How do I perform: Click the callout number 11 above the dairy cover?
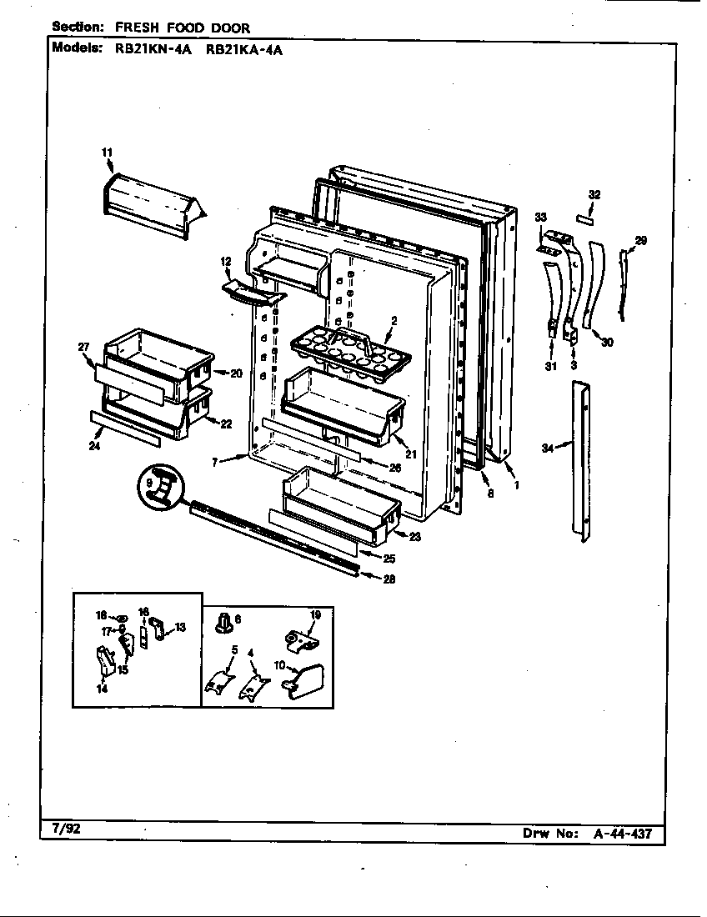[106, 152]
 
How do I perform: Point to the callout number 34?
[547, 448]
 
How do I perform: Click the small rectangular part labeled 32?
[588, 218]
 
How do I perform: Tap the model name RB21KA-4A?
[243, 48]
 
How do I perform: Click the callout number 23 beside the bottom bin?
[414, 537]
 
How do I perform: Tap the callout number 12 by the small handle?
[225, 263]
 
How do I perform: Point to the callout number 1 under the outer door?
[517, 484]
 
